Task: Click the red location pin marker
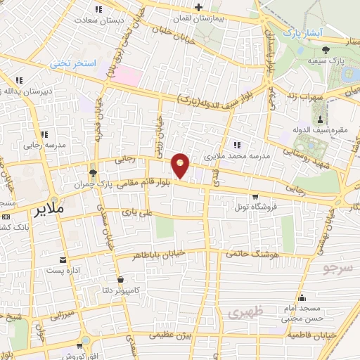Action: [x=181, y=166]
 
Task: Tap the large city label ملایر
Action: [x=49, y=210]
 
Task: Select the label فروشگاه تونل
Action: [x=257, y=207]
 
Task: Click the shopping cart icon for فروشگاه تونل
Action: [x=255, y=197]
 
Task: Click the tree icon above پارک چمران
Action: [x=92, y=173]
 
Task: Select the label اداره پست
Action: [x=64, y=270]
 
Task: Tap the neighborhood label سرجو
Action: [x=336, y=269]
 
